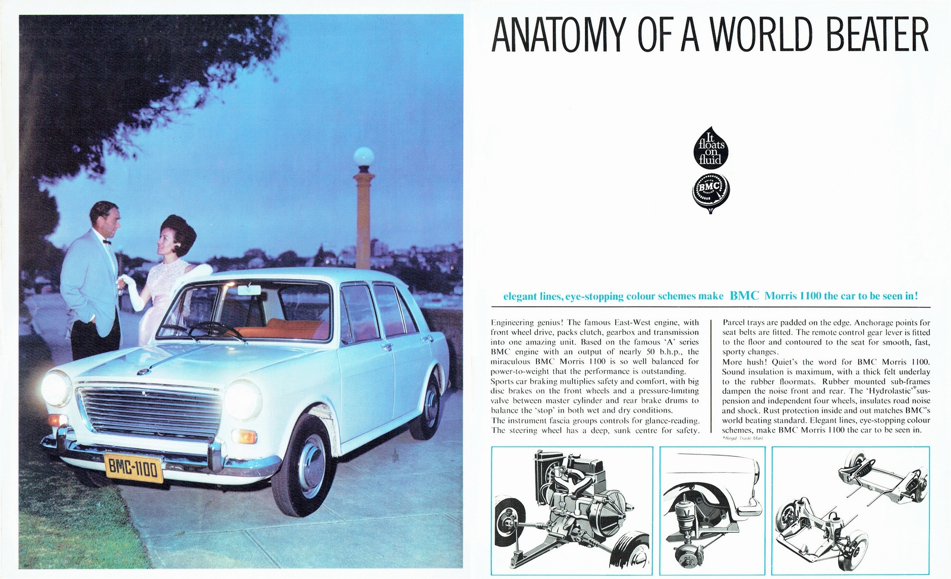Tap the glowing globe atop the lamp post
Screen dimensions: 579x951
click(363, 157)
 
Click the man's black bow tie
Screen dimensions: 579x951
click(108, 242)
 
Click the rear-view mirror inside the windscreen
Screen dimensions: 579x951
click(245, 291)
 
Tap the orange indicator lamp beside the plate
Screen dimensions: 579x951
click(244, 436)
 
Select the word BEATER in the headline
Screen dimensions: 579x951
click(876, 36)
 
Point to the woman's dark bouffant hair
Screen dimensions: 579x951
click(179, 233)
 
